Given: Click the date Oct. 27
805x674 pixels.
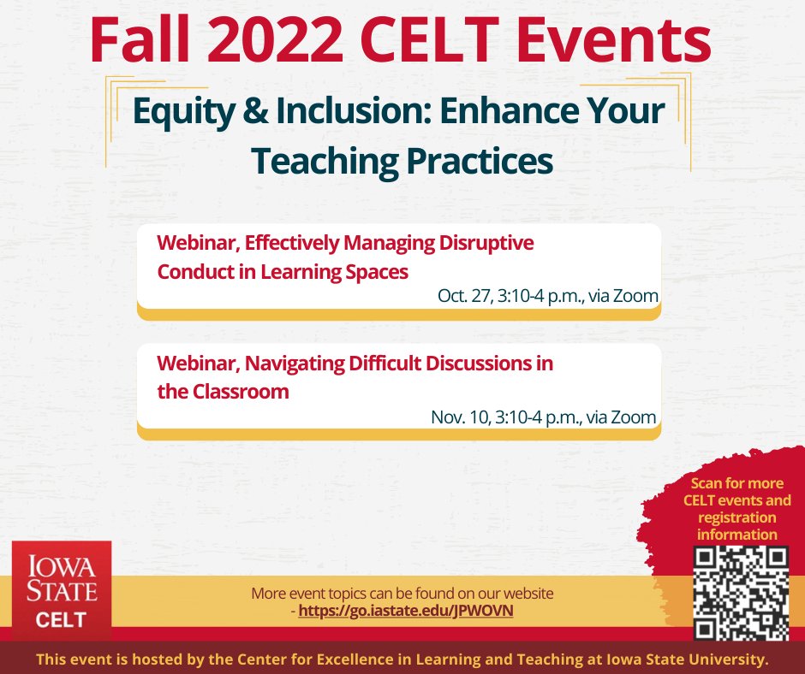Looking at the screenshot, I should point(462,297).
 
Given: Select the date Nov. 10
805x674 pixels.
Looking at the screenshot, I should point(458,417).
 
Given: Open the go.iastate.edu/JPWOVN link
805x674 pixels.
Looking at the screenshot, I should point(406,612).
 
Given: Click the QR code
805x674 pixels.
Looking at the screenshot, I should point(740,594).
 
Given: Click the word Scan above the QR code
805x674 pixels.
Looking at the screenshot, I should point(707,483).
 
